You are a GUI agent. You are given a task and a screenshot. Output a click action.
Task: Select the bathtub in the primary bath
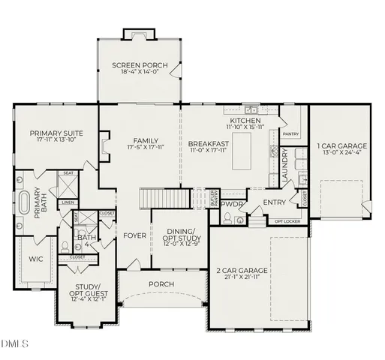24,203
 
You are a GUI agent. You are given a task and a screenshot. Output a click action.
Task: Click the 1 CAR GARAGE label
341,145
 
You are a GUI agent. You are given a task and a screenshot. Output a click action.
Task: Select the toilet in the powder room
226,218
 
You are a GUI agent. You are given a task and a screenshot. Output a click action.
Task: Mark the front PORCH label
161,283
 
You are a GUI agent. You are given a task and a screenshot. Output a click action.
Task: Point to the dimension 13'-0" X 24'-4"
341,152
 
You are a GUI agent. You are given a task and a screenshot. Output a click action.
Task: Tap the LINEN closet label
68,202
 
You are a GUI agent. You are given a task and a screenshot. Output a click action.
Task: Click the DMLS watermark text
15,344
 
